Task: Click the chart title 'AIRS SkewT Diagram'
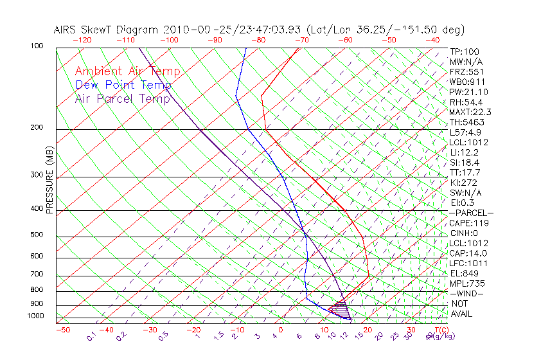(107, 30)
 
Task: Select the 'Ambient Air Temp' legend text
(128, 72)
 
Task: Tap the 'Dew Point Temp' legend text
(123, 85)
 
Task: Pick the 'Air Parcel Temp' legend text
(123, 99)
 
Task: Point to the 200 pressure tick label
(37, 128)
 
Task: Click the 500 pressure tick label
(37, 235)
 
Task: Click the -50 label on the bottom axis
(62, 330)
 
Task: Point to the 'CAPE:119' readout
(469, 223)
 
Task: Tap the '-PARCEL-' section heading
(471, 213)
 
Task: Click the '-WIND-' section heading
(466, 293)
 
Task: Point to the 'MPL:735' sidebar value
(467, 283)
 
